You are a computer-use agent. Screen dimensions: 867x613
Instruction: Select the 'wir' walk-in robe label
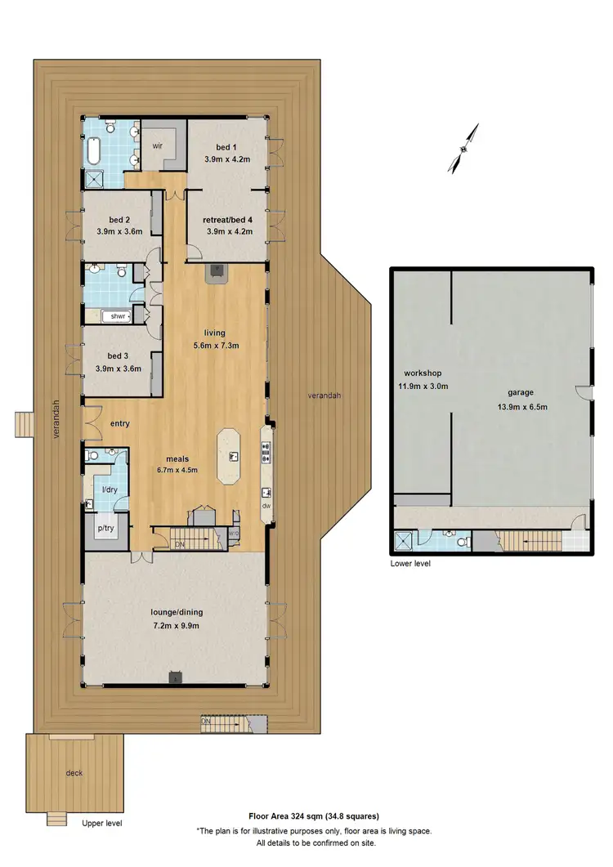157,148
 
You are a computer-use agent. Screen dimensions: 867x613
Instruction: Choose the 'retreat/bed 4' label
228,220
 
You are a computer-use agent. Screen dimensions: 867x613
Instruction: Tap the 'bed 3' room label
119,356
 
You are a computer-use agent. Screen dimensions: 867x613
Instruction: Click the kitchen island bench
230,455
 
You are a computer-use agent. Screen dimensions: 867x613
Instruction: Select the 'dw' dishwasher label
266,505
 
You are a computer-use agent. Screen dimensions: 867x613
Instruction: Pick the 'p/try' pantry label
106,529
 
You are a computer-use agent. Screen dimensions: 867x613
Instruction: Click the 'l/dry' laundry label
109,489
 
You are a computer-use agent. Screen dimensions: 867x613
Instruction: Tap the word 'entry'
120,423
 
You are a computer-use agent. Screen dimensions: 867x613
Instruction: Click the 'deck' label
74,772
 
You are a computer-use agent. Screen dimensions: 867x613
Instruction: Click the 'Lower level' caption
410,564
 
